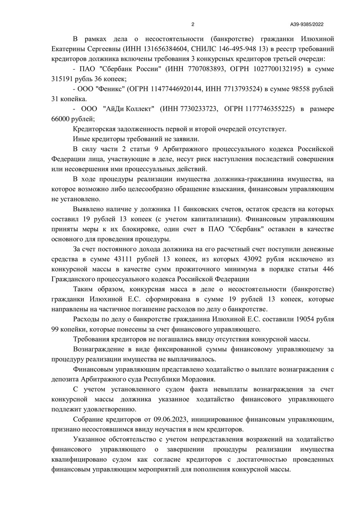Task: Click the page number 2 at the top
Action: click(193, 24)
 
